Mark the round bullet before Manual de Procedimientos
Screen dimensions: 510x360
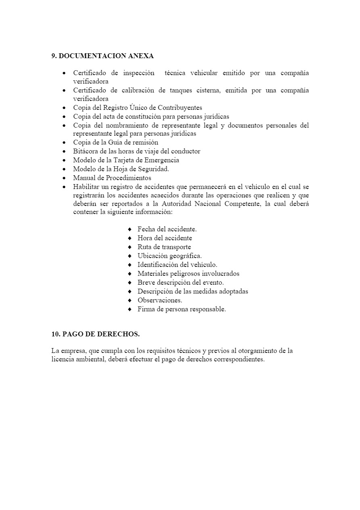65,178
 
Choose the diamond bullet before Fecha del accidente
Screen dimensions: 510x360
130,229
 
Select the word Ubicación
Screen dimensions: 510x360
153,256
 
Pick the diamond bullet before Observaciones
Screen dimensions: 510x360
130,300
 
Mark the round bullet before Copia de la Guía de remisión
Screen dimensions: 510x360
65,143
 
